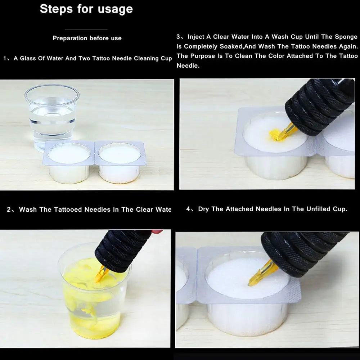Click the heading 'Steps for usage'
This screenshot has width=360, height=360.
pos(86,9)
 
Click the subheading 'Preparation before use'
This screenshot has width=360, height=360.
pos(87,38)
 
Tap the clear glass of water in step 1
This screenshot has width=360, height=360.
pos(52,115)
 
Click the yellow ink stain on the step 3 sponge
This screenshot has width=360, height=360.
pos(275,134)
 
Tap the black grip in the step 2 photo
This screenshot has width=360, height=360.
pos(122,248)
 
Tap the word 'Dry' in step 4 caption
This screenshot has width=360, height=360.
pos(203,209)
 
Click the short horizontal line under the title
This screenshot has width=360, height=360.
pos(86,29)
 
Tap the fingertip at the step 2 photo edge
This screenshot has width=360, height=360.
pos(157,232)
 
